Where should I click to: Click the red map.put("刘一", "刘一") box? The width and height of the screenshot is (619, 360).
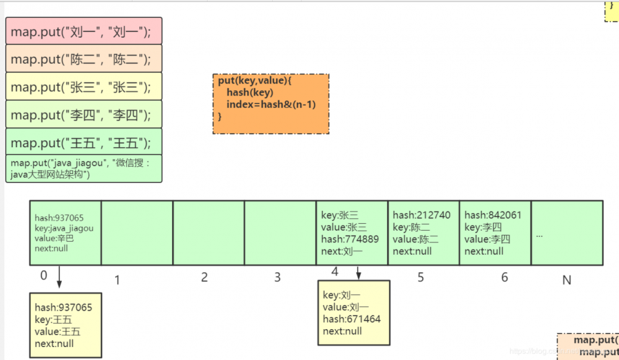(x=84, y=31)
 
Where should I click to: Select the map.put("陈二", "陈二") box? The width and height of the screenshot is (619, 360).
(x=84, y=59)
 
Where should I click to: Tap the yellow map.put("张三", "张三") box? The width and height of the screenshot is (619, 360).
(x=84, y=87)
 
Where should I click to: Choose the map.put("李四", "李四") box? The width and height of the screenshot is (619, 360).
(x=84, y=114)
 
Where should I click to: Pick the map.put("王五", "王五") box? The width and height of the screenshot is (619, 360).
(x=84, y=142)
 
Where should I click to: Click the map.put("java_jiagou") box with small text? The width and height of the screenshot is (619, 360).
(x=84, y=168)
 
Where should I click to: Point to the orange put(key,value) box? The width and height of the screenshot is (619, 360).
(x=271, y=104)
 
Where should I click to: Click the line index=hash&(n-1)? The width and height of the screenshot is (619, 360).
(x=271, y=105)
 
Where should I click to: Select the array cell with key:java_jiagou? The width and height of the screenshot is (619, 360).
(x=65, y=233)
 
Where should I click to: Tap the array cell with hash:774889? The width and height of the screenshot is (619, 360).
(x=352, y=233)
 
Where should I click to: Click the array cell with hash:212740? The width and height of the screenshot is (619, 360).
(x=423, y=233)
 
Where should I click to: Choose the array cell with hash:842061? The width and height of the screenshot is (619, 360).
(x=495, y=233)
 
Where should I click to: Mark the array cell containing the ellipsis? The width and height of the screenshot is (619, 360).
(x=566, y=233)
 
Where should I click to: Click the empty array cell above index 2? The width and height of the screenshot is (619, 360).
(x=209, y=233)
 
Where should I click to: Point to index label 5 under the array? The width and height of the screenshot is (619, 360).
(x=421, y=278)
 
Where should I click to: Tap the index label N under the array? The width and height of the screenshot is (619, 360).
(x=566, y=280)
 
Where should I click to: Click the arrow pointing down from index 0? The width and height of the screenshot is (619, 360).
(x=59, y=277)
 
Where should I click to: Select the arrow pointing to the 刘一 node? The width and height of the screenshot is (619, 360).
(x=358, y=272)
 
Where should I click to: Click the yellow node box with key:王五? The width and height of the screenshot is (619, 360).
(x=66, y=325)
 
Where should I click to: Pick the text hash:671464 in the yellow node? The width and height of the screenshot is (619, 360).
(x=351, y=319)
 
